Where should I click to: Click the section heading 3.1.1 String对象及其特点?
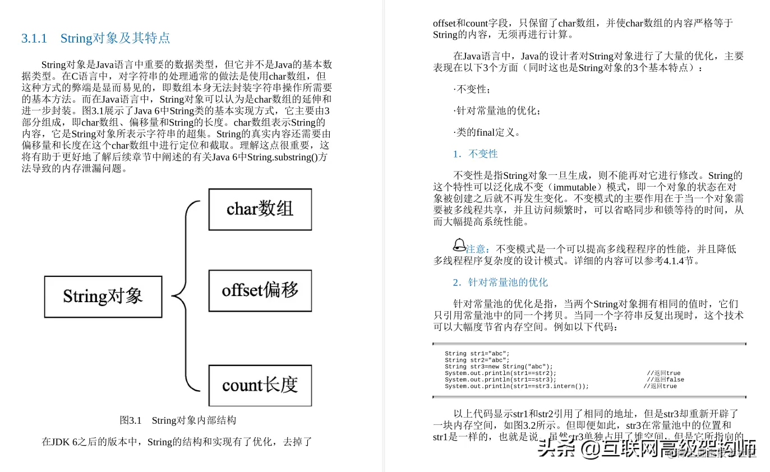[95, 39]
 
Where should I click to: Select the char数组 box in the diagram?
[260, 209]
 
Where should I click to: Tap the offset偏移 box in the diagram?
[260, 290]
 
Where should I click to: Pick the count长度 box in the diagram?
[260, 385]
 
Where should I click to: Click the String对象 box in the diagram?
[103, 296]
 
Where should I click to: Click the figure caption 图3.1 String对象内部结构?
[178, 420]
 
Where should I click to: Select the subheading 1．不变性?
[475, 154]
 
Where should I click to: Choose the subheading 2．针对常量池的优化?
[500, 282]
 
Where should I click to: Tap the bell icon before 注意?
[459, 245]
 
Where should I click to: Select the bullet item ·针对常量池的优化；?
[497, 111]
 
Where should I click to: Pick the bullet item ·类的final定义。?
[487, 133]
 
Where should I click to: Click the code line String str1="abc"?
[477, 354]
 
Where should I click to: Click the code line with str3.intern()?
[517, 386]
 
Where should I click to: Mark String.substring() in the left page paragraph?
[285, 157]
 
